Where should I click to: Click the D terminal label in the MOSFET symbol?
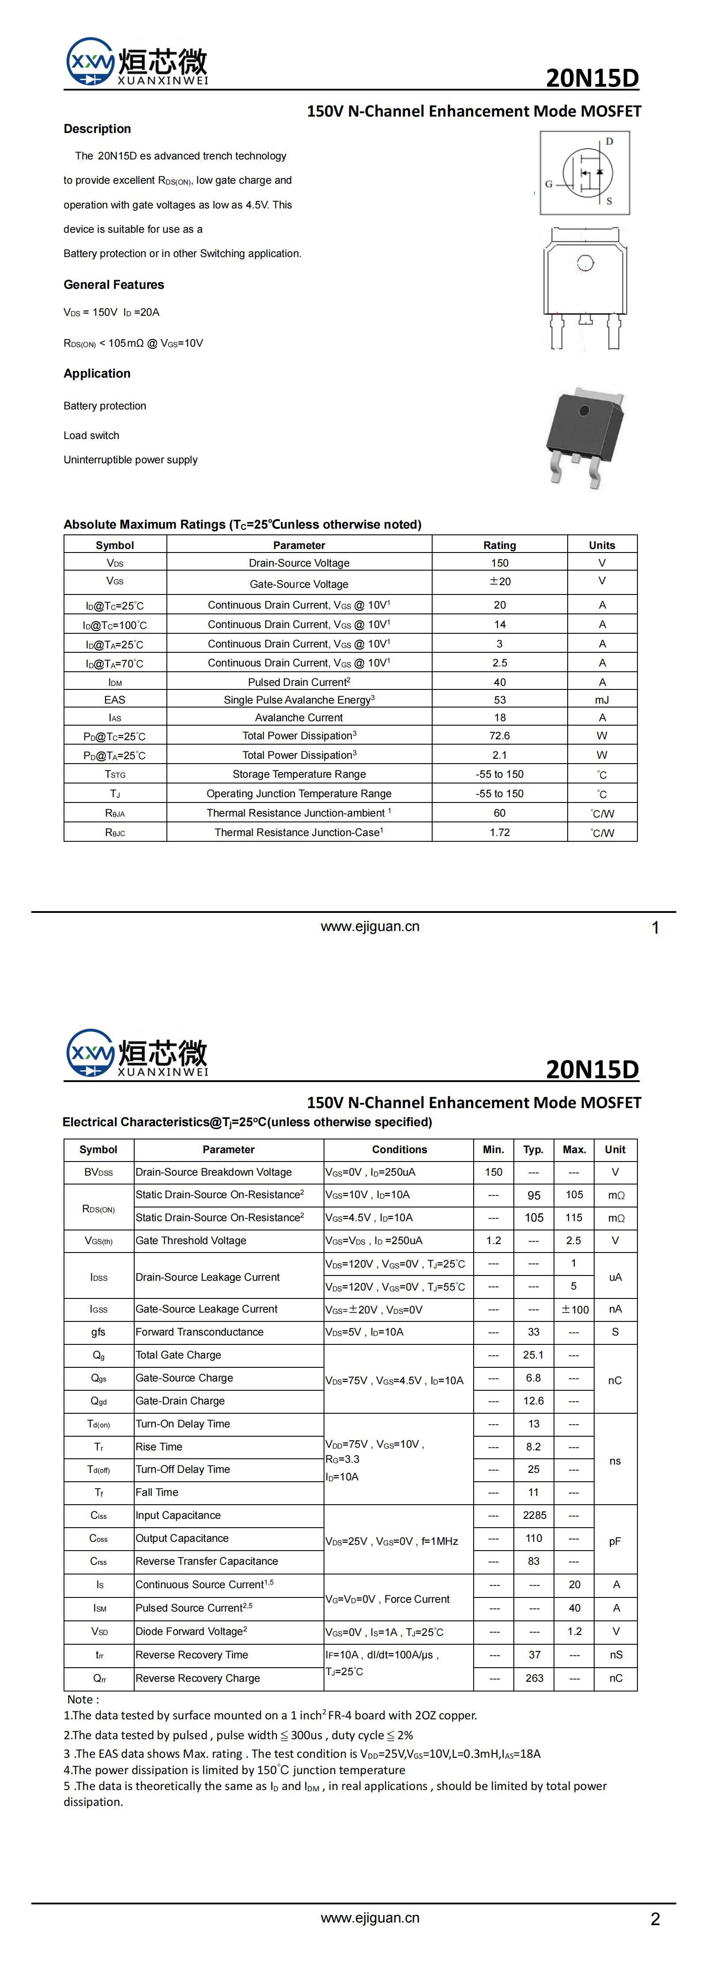pyautogui.click(x=610, y=142)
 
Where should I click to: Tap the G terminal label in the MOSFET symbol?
pyautogui.click(x=549, y=184)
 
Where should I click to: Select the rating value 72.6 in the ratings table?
pyautogui.click(x=499, y=736)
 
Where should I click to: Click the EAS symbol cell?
pyautogui.click(x=115, y=700)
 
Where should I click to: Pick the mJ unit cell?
pyautogui.click(x=602, y=700)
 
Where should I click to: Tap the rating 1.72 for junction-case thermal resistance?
pyautogui.click(x=499, y=832)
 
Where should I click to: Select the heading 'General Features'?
pyautogui.click(x=114, y=285)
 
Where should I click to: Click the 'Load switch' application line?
pyautogui.click(x=91, y=436)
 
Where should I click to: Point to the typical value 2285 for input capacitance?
pyautogui.click(x=534, y=1515)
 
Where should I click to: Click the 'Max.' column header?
pyautogui.click(x=574, y=1149)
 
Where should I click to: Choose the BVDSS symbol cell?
pyautogui.click(x=98, y=1173)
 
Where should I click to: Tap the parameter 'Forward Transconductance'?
pyautogui.click(x=199, y=1332)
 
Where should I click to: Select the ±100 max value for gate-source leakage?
pyautogui.click(x=574, y=1309)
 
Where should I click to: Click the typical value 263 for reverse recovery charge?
pyautogui.click(x=534, y=1678)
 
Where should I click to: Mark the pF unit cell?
pyautogui.click(x=615, y=1541)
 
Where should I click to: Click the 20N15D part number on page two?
pyautogui.click(x=592, y=1069)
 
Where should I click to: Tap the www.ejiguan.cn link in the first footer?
pyautogui.click(x=370, y=927)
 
